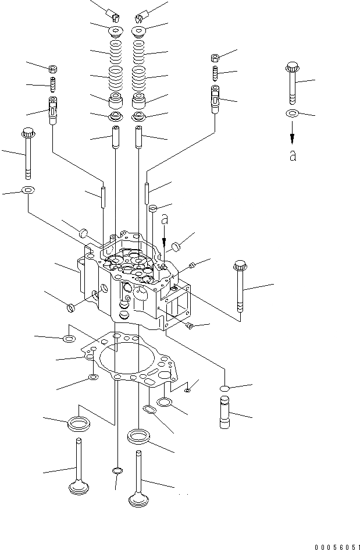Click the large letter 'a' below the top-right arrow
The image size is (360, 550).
pos(293,156)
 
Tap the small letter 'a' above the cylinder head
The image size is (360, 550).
pos(165,220)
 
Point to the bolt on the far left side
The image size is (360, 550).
pos(26,152)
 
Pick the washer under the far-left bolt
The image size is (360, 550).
pos(27,190)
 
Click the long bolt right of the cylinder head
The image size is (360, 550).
pos(239,288)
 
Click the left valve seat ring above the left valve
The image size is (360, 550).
pos(78,423)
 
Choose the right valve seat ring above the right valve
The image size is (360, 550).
pos(138,436)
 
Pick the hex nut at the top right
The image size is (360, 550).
pos(214,57)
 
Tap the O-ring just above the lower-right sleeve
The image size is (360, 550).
pos(226,388)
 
